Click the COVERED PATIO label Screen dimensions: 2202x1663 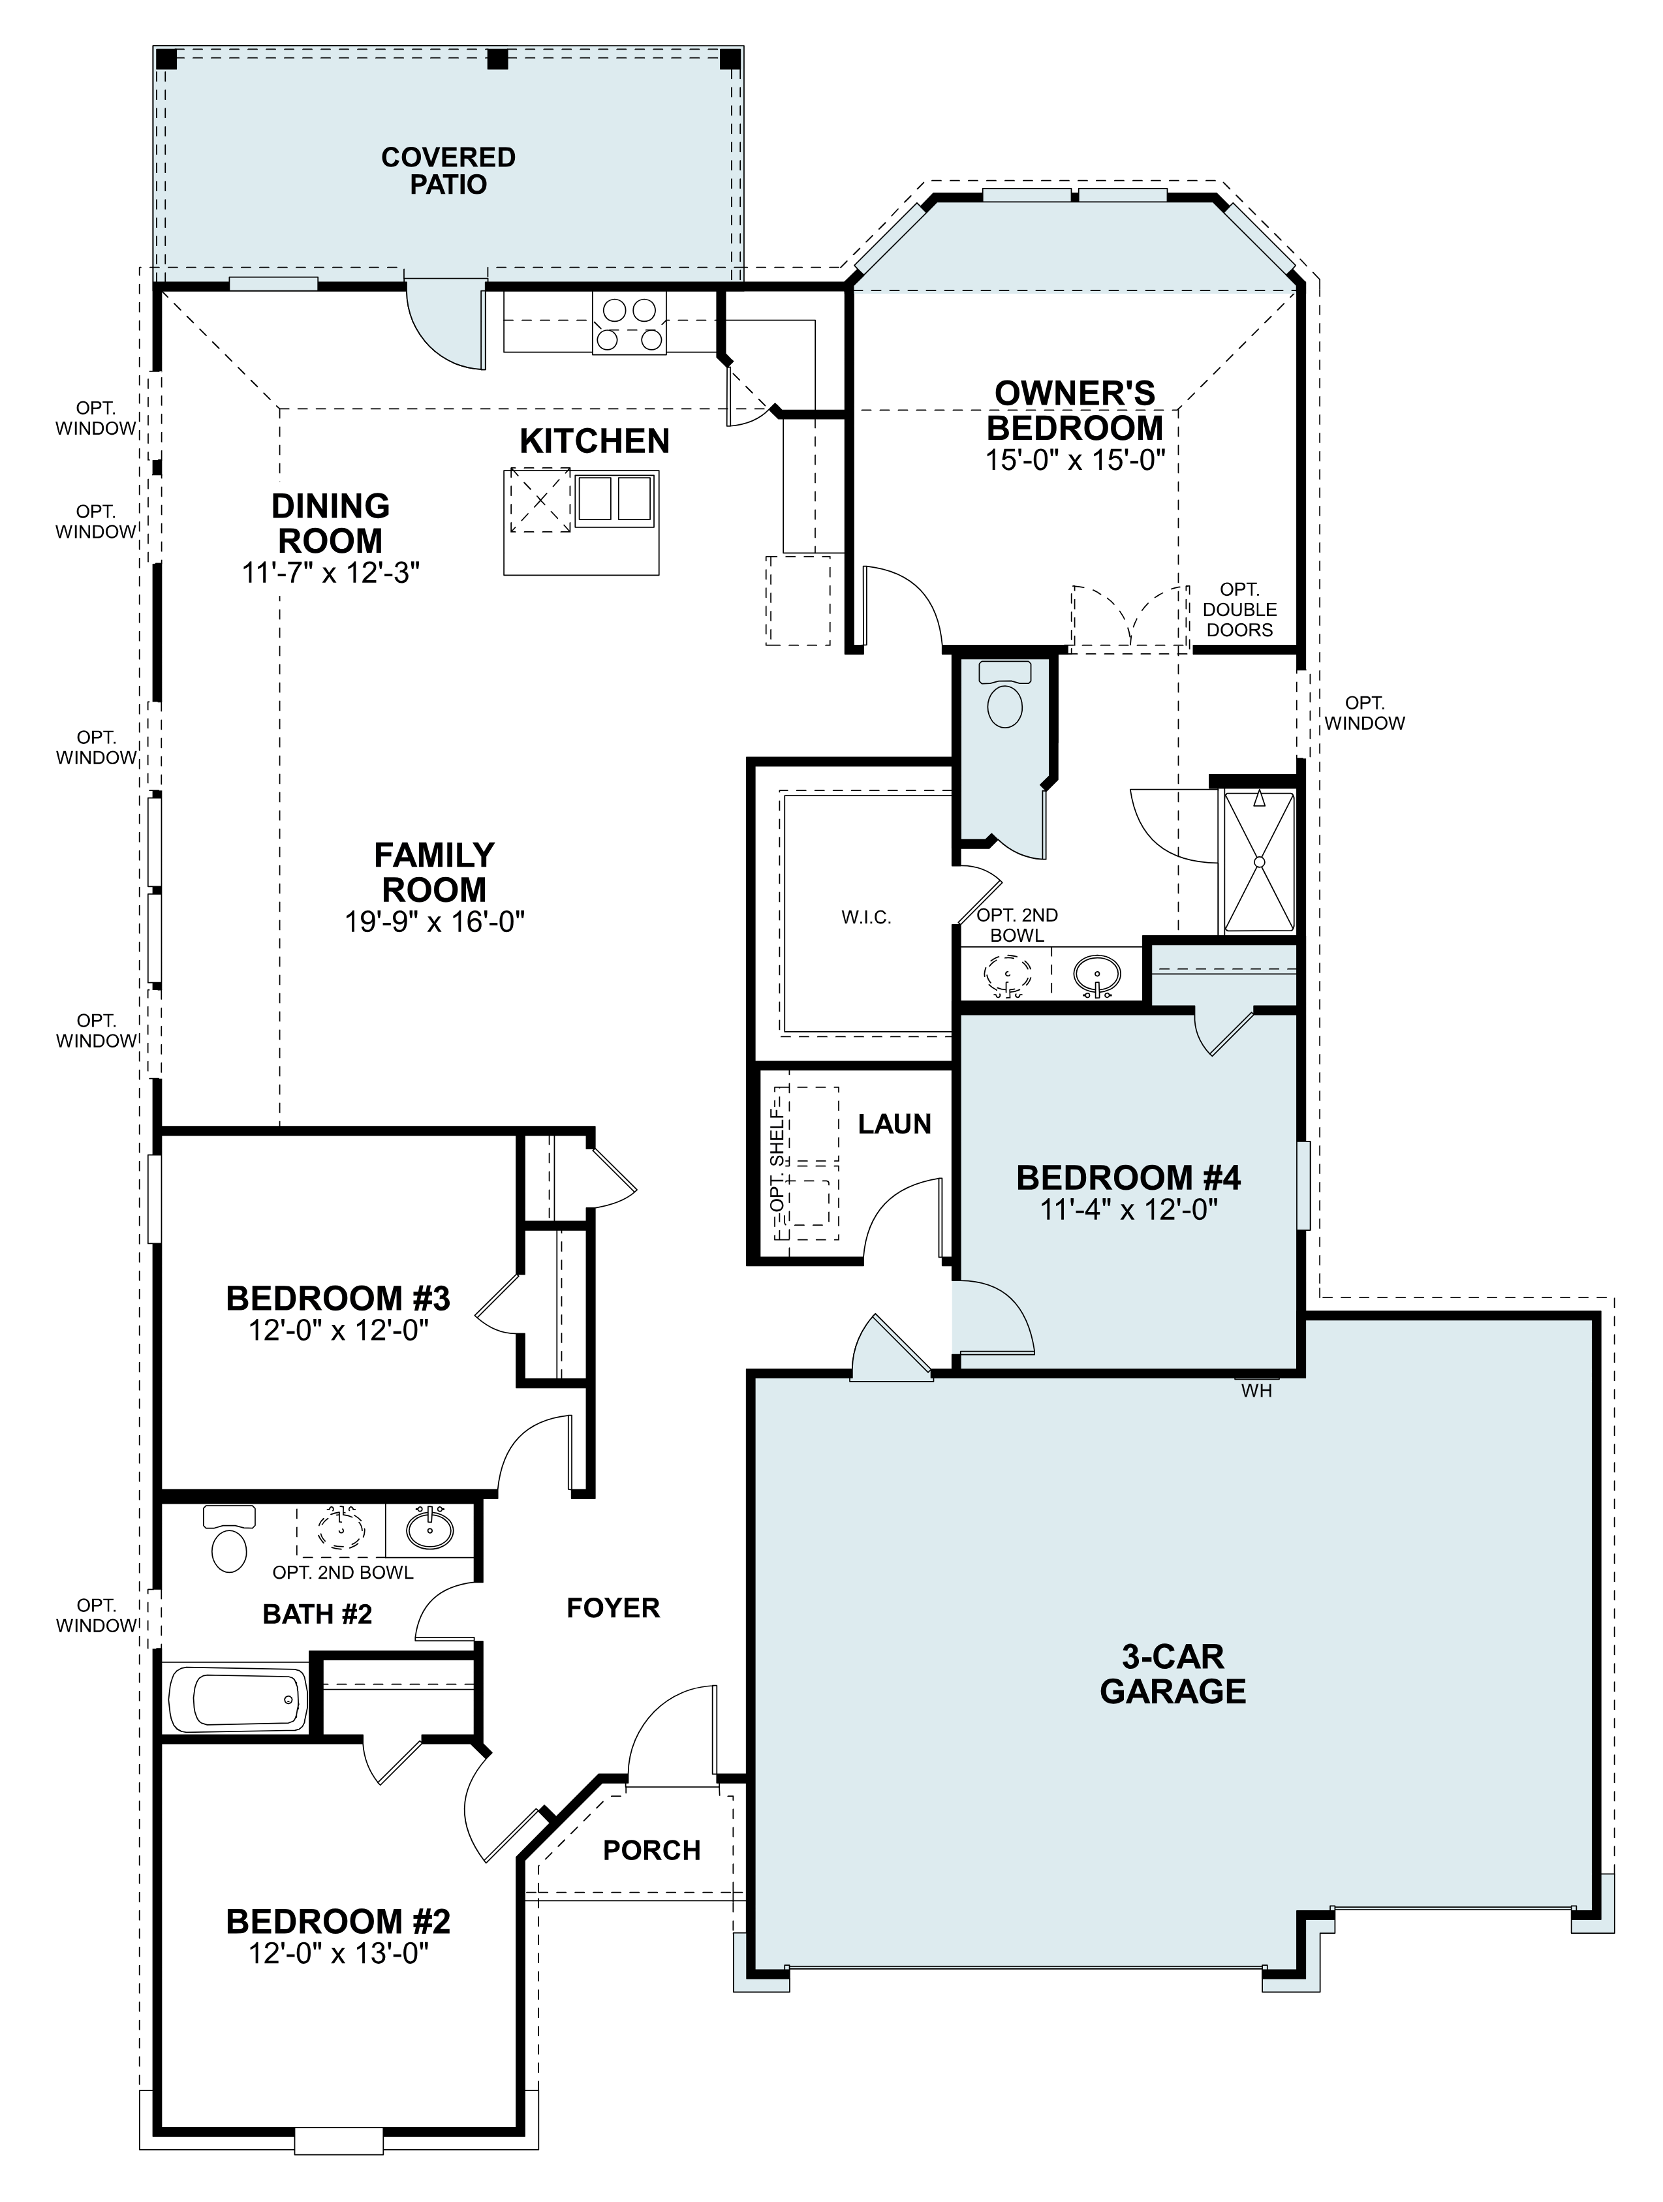tap(448, 171)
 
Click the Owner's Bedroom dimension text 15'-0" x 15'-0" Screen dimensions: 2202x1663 tap(1074, 460)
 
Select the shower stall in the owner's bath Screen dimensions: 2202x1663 tap(1259, 861)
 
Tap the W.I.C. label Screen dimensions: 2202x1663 tap(865, 918)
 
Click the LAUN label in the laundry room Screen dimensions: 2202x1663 tap(894, 1124)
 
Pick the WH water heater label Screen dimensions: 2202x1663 tap(1256, 1391)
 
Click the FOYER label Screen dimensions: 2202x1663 tap(612, 1607)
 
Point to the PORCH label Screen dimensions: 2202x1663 tap(651, 1850)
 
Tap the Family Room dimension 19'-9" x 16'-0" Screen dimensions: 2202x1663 tap(434, 922)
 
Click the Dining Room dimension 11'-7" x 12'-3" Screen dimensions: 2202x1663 tap(331, 574)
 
